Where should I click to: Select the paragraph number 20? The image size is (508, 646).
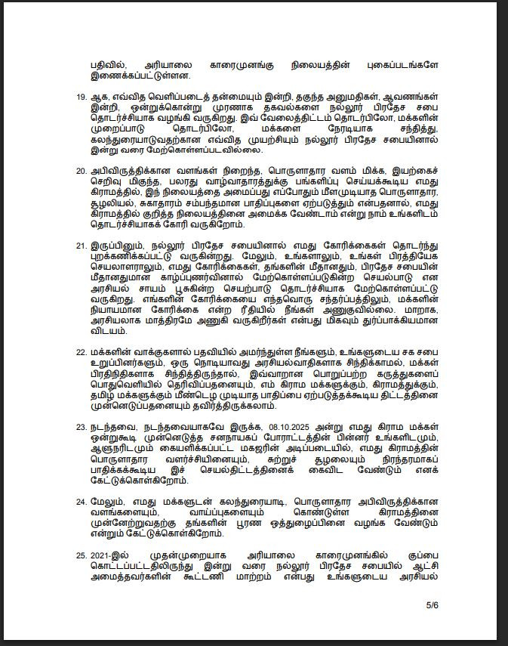tap(80, 171)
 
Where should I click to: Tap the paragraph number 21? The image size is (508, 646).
tap(80, 246)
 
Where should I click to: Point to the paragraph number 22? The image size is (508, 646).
tap(80, 352)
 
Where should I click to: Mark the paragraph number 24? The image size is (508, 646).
tap(80, 502)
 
